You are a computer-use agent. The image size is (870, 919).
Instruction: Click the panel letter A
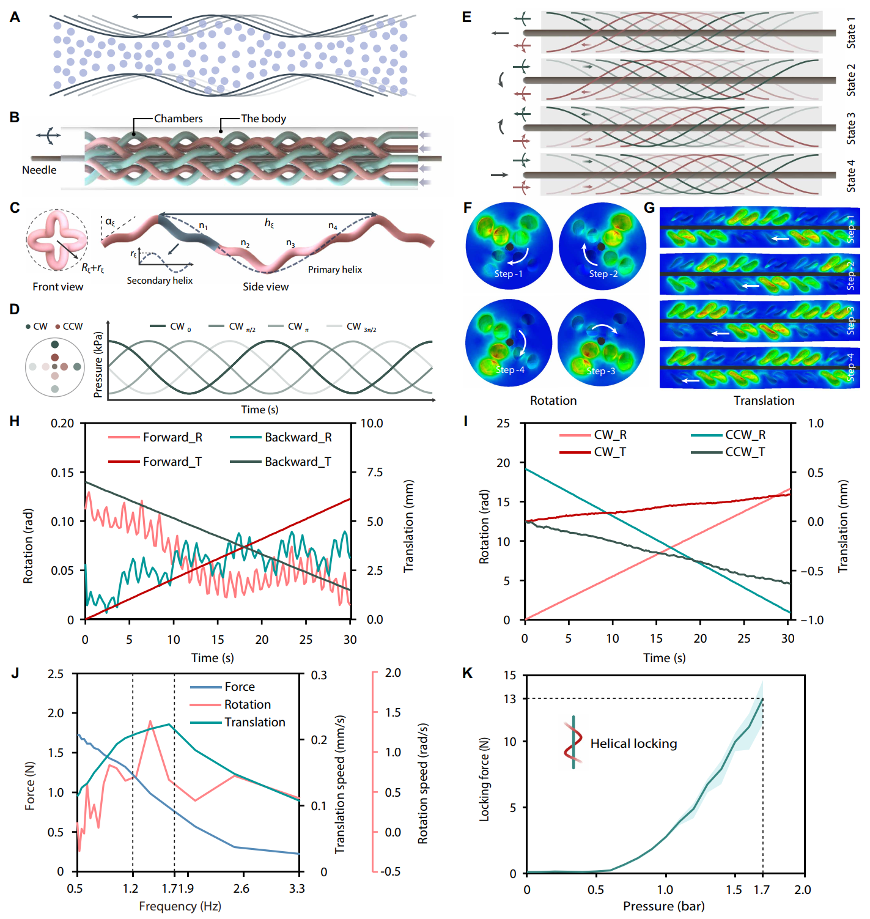click(x=15, y=17)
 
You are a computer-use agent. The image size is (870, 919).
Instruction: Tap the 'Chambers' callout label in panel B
click(x=178, y=119)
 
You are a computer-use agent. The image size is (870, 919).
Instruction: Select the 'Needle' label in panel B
click(x=39, y=170)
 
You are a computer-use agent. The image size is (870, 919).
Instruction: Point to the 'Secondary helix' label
click(x=160, y=281)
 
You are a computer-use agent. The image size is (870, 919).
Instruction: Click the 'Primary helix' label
click(x=334, y=270)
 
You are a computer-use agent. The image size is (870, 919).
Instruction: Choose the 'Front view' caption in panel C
click(x=58, y=287)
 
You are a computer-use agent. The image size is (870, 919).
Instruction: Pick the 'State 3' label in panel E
click(x=850, y=128)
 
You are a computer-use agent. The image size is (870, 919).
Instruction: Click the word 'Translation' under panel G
click(x=764, y=400)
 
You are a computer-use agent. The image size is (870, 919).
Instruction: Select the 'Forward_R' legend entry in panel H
click(x=172, y=437)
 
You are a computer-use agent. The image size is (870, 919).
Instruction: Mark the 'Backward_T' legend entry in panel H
click(x=298, y=462)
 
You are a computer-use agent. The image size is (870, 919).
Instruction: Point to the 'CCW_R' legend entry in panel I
click(x=745, y=435)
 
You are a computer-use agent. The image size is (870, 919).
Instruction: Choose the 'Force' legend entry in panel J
click(x=239, y=687)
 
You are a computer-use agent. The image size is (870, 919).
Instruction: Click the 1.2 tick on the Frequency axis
click(x=131, y=888)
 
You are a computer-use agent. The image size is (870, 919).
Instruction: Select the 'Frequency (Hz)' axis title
click(x=180, y=906)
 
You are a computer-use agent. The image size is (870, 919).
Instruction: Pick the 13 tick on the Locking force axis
click(x=510, y=698)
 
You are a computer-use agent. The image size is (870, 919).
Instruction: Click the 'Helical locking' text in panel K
click(x=633, y=744)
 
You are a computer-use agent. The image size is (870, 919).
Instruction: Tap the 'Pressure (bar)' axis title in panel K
click(x=663, y=906)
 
